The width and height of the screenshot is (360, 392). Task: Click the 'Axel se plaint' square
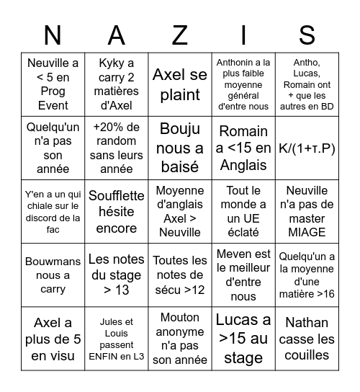tap(179, 84)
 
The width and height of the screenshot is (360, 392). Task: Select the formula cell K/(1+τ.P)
tap(306, 148)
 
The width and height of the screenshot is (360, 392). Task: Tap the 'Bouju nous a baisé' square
tap(179, 148)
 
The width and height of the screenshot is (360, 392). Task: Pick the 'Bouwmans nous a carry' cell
tap(53, 275)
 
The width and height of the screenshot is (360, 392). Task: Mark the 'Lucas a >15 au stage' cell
tap(243, 339)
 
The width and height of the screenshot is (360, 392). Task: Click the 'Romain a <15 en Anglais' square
tap(243, 148)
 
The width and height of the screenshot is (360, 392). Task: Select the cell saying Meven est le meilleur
tap(243, 275)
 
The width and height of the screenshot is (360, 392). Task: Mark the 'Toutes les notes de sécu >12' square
tap(179, 275)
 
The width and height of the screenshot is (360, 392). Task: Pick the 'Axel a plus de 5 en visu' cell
tap(53, 339)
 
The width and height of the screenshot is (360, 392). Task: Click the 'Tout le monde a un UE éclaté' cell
tap(243, 212)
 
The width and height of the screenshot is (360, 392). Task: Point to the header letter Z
tap(179, 35)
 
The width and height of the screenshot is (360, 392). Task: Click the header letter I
tap(243, 35)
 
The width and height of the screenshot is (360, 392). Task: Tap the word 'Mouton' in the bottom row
tap(179, 317)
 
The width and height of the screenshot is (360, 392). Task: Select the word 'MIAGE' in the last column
tap(306, 232)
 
